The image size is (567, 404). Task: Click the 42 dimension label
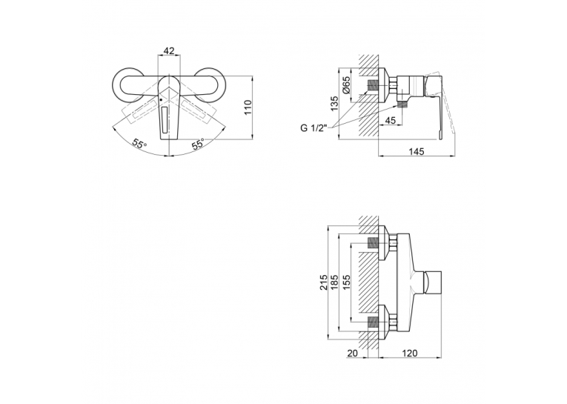pos(169,50)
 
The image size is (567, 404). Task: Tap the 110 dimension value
pos(248,107)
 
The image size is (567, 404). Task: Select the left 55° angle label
pos(139,143)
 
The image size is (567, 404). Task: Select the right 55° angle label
pos(199,143)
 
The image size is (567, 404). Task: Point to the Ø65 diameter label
pos(346,86)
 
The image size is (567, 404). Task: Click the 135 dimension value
pos(334,104)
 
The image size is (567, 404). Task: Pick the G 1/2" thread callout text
pos(314,128)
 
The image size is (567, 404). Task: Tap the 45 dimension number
pos(390,120)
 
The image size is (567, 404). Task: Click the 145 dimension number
pos(417,151)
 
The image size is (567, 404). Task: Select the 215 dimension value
pos(324,282)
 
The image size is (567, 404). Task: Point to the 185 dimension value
pos(334,282)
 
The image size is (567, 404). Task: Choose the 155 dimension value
pos(346,282)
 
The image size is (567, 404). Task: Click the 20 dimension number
pos(352,353)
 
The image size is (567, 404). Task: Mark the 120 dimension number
pos(409,353)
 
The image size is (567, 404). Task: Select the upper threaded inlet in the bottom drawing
pos(373,242)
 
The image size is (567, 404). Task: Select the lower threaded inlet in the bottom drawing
pos(373,322)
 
